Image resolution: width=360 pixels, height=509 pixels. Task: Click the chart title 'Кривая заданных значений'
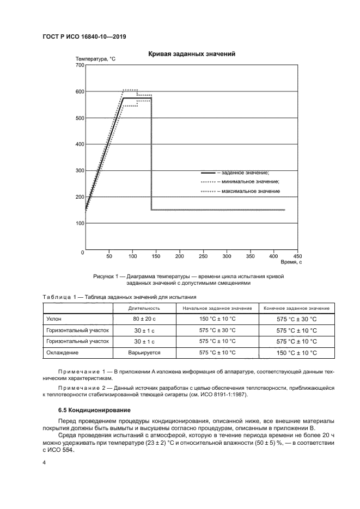[x=191, y=54]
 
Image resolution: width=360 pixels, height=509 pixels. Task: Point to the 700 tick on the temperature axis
[x=78, y=65]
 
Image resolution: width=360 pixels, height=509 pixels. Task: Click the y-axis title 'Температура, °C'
[x=95, y=58]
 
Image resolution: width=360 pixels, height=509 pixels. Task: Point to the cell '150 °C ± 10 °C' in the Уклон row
[x=217, y=318]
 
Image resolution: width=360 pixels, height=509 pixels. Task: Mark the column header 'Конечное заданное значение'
[x=296, y=308]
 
